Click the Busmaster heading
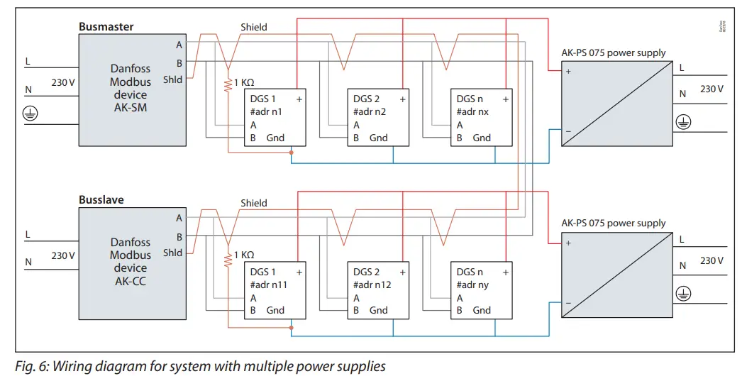[x=106, y=27]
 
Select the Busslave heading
[x=101, y=200]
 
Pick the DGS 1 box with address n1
[x=275, y=118]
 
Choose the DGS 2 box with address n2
[x=378, y=118]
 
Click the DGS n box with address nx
[x=482, y=118]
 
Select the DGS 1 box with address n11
[x=275, y=290]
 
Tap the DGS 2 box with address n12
[x=378, y=290]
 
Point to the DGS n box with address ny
[x=482, y=290]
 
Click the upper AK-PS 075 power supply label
[x=613, y=53]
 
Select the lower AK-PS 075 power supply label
[x=613, y=223]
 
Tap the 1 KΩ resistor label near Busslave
[x=243, y=255]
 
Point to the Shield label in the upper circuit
[x=253, y=27]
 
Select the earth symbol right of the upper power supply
[x=682, y=121]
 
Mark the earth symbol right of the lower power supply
[x=682, y=292]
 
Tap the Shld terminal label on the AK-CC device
[x=172, y=253]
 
